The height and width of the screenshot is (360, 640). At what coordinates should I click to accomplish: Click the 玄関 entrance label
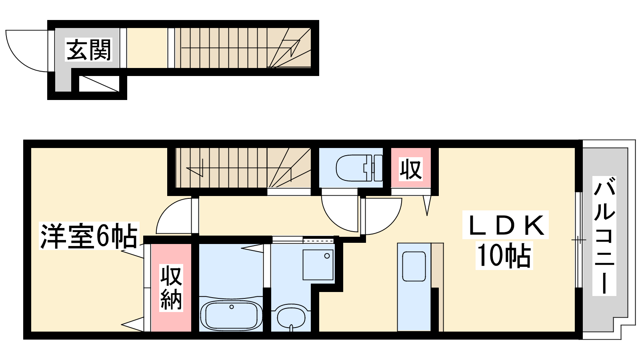point(88,50)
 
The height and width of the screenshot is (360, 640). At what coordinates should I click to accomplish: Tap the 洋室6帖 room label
point(89,236)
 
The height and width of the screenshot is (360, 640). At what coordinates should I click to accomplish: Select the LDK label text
point(505,225)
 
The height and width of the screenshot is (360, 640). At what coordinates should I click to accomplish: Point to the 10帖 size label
point(504,256)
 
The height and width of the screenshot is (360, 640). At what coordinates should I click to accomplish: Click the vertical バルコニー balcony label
point(604,236)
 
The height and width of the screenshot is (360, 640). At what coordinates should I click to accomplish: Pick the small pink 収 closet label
point(410,170)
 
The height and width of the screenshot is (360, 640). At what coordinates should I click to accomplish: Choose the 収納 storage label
point(171,288)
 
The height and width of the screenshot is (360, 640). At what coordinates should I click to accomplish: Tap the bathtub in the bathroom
point(231,314)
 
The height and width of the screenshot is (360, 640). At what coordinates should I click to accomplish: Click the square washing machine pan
point(318,265)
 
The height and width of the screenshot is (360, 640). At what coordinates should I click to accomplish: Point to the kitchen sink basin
point(414,266)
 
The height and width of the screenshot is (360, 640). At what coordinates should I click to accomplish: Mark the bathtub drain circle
point(232,307)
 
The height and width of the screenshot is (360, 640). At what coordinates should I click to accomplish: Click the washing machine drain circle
point(327,256)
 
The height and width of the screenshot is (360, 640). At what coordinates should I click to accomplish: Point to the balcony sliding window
point(578,240)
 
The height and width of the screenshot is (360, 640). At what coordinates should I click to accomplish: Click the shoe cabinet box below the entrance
point(99,84)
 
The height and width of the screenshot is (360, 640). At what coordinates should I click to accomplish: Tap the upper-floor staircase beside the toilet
point(243,168)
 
